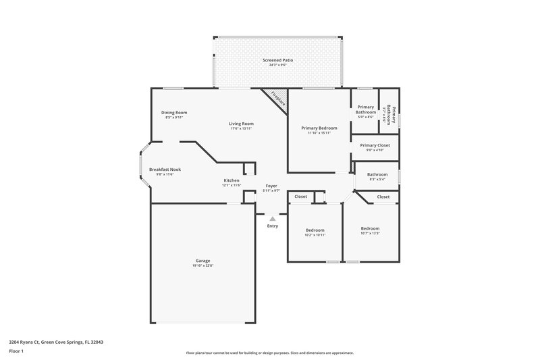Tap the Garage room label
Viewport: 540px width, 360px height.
202,261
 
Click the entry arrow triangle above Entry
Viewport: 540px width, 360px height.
272,218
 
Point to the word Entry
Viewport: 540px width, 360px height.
272,226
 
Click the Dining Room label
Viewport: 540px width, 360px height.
174,112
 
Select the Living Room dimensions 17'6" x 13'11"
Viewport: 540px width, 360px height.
240,128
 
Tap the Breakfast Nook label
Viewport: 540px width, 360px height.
165,170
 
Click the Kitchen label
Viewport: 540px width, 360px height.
232,180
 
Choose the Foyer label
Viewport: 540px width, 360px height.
271,185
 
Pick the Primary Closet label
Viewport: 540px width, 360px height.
375,145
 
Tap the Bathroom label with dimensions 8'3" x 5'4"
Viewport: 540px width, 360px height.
377,174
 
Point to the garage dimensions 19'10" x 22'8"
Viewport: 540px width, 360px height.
202,265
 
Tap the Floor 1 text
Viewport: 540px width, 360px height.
17,352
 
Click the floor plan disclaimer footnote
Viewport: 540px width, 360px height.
270,353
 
